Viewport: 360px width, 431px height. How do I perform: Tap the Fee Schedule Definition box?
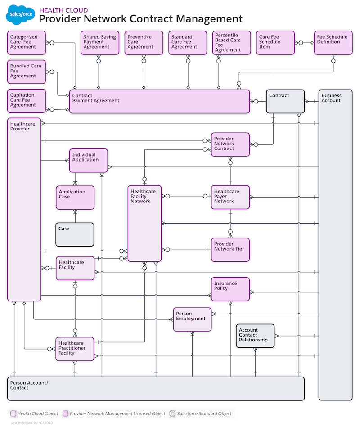pyautogui.click(x=333, y=43)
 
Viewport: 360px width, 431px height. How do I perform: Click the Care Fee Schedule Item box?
pyautogui.click(x=275, y=43)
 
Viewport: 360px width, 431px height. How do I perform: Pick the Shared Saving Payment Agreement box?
pyautogui.click(x=99, y=43)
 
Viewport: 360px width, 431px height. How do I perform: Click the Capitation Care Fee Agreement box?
pyautogui.click(x=27, y=101)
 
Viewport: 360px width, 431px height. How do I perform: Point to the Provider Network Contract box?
pyautogui.click(x=230, y=144)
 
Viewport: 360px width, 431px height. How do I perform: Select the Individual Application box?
pyautogui.click(x=88, y=160)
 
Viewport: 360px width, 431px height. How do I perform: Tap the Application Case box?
pyautogui.click(x=75, y=198)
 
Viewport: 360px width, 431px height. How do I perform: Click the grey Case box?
pyautogui.click(x=75, y=234)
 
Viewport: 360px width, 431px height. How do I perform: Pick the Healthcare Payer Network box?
pyautogui.click(x=230, y=197)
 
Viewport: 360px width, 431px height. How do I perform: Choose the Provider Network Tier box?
pyautogui.click(x=230, y=250)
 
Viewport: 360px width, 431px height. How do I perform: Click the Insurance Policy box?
pyautogui.click(x=230, y=289)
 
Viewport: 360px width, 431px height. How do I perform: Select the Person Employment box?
pyautogui.click(x=192, y=319)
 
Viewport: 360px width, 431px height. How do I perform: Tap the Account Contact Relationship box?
pyautogui.click(x=255, y=336)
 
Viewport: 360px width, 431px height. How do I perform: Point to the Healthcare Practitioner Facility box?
pyautogui.click(x=75, y=349)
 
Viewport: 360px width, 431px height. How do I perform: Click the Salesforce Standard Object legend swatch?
pyautogui.click(x=172, y=413)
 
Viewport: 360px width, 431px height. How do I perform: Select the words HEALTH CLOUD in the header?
pyautogui.click(x=63, y=10)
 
